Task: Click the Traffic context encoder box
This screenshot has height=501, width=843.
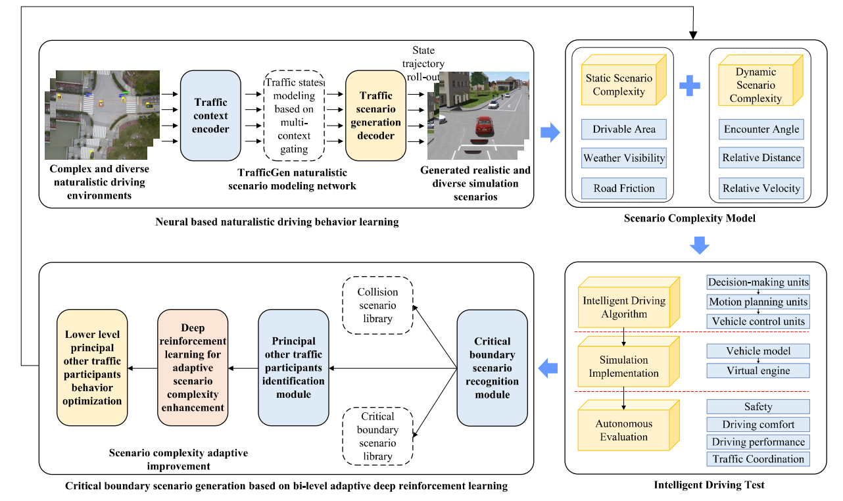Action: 210,115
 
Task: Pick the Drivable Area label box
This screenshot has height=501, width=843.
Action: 624,130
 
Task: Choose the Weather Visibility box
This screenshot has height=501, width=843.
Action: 624,158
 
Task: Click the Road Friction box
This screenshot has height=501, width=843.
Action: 624,188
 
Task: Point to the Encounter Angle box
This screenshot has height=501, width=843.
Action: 761,130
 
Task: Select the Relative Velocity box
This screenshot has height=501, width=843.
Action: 761,188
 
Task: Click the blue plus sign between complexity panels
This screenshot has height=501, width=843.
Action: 688,85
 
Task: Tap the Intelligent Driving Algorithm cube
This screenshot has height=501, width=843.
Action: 623,307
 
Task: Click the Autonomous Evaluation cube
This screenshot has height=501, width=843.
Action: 623,430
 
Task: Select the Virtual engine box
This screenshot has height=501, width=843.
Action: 758,371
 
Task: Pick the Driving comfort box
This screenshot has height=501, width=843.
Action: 758,425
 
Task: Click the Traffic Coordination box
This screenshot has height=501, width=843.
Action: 758,459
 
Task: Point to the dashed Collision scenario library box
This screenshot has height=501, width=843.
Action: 377,305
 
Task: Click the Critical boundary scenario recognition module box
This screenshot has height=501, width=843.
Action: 492,368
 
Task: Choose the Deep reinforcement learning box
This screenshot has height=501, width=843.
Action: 193,368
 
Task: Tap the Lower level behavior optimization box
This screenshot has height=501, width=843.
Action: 92,368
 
